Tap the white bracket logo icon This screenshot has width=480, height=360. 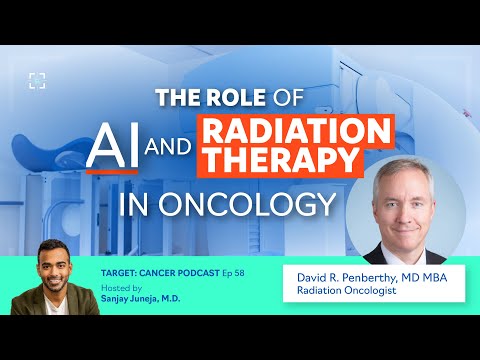pyautogui.click(x=36, y=80)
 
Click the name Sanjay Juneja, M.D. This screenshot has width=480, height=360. pyautogui.click(x=152, y=297)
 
